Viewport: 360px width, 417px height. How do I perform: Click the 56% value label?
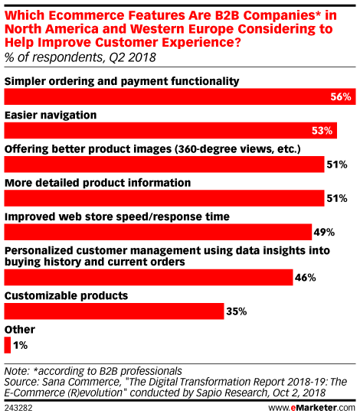click(341, 97)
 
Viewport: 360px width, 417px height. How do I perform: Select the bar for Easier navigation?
click(170, 131)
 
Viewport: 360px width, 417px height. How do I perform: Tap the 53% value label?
click(322, 131)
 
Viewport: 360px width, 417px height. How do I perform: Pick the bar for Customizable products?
click(114, 311)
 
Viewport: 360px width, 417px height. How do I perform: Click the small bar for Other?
click(8, 345)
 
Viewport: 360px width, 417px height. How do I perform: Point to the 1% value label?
click(20, 346)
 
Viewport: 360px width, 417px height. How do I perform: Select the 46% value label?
click(305, 278)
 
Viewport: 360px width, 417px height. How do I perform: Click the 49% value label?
click(324, 233)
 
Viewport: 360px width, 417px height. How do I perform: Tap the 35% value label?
click(237, 311)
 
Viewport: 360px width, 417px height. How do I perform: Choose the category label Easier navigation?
click(51, 116)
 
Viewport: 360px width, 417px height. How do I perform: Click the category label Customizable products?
click(67, 296)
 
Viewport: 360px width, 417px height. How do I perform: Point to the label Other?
click(20, 330)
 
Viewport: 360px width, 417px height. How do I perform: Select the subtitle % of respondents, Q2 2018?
click(80, 57)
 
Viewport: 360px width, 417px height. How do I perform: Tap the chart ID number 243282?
click(18, 409)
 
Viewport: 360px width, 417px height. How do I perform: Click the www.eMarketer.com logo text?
click(312, 408)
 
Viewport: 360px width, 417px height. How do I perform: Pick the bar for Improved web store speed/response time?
click(158, 232)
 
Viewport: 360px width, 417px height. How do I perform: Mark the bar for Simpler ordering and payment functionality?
click(180, 96)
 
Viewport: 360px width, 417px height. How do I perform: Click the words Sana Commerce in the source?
click(80, 382)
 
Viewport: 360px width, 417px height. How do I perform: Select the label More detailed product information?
click(98, 183)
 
